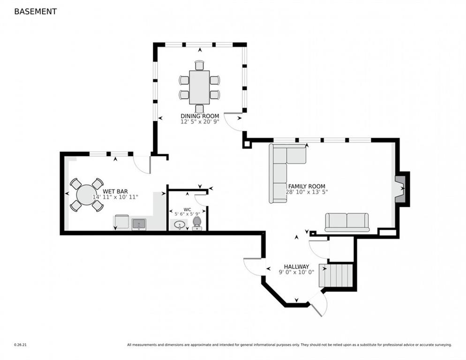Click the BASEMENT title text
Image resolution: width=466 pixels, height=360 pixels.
pyautogui.click(x=35, y=12)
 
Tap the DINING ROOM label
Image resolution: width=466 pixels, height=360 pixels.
pyautogui.click(x=200, y=116)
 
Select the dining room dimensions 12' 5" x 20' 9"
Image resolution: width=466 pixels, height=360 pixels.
pyautogui.click(x=200, y=121)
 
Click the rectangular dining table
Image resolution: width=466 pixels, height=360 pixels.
pyautogui.click(x=199, y=87)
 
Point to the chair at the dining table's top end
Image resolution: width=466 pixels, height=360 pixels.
pyautogui.click(x=200, y=66)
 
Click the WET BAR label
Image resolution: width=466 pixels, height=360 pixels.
pyautogui.click(x=115, y=191)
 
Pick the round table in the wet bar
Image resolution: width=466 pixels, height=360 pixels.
pyautogui.click(x=86, y=195)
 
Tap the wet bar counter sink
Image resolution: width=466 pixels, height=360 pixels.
pyautogui.click(x=139, y=224)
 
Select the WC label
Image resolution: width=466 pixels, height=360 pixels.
pyautogui.click(x=187, y=209)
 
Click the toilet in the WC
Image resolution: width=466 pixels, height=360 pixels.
pyautogui.click(x=197, y=224)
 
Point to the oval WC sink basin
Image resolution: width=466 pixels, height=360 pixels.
pyautogui.click(x=180, y=224)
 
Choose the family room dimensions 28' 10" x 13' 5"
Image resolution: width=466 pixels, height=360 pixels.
pyautogui.click(x=307, y=192)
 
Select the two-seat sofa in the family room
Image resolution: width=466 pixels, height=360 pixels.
pyautogui.click(x=347, y=222)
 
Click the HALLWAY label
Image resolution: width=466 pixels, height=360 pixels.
pyautogui.click(x=296, y=267)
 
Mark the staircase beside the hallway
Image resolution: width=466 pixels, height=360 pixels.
pyautogui.click(x=336, y=275)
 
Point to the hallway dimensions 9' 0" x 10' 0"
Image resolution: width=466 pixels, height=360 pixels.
pyautogui.click(x=296, y=272)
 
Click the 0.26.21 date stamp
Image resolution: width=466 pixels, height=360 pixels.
pyautogui.click(x=20, y=345)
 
